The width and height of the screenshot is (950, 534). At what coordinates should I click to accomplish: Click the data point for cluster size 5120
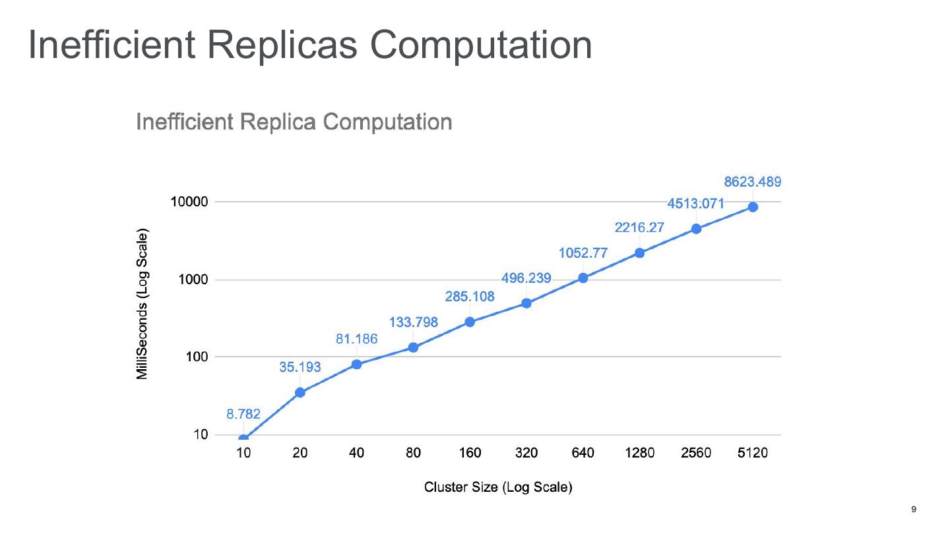tap(753, 207)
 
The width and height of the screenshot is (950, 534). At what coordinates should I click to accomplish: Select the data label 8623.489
tap(753, 183)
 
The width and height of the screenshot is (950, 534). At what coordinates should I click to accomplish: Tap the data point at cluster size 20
tap(300, 392)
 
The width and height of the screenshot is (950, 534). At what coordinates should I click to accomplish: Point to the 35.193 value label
tap(300, 367)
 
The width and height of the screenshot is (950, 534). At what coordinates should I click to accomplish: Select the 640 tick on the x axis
tap(583, 454)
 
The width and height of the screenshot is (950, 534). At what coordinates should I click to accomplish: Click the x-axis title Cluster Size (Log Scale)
tap(498, 488)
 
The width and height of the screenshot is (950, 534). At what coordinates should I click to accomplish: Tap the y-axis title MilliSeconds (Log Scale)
tap(142, 304)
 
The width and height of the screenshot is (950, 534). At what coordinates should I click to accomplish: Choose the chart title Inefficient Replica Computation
tap(294, 122)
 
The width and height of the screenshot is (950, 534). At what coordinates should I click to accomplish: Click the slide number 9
tap(914, 509)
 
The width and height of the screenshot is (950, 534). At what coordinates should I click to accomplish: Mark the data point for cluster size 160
tap(470, 322)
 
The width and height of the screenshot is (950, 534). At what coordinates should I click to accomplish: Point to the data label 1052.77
tap(583, 253)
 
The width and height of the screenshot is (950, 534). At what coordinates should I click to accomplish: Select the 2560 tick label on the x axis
tap(696, 454)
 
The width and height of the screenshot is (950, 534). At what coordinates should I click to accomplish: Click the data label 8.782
tap(243, 414)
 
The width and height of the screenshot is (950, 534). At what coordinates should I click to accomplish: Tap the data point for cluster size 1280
tap(640, 252)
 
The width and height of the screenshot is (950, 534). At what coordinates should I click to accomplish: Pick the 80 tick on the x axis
tap(413, 454)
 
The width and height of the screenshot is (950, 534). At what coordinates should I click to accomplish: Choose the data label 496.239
tap(526, 278)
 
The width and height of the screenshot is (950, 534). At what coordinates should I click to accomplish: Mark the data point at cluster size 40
tap(357, 364)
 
